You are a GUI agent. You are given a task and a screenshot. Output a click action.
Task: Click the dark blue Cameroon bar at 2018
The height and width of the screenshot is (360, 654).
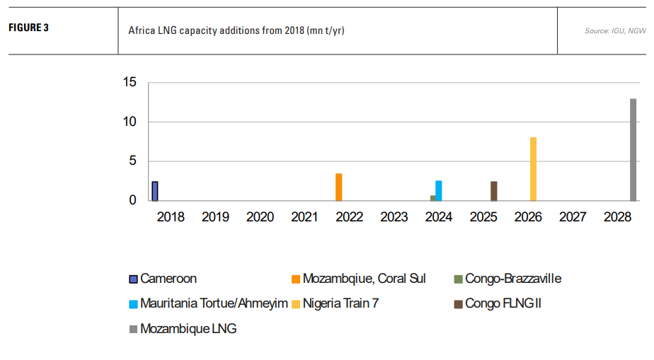(155, 191)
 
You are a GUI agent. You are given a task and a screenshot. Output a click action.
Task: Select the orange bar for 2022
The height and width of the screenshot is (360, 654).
(339, 187)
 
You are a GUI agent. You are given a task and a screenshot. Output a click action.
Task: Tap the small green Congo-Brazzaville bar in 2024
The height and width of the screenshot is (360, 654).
(432, 198)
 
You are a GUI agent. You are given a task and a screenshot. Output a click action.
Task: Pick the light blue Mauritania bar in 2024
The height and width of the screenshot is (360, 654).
(439, 191)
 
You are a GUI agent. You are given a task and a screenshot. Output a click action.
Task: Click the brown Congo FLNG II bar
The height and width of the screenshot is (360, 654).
(493, 191)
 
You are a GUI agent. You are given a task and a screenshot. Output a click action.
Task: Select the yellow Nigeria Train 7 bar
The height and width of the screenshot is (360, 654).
(533, 169)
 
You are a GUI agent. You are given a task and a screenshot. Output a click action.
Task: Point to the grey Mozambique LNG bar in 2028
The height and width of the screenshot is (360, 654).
(633, 149)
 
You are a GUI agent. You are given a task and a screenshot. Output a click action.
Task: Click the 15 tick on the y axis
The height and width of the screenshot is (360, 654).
(129, 82)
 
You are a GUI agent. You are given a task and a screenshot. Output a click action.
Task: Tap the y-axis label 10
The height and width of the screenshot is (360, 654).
(129, 122)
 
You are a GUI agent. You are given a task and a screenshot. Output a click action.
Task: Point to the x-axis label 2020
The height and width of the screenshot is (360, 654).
(260, 217)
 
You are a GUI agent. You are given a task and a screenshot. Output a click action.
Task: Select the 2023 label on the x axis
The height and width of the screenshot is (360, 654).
(394, 217)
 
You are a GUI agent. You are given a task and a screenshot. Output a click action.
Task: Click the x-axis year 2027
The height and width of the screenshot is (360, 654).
(573, 217)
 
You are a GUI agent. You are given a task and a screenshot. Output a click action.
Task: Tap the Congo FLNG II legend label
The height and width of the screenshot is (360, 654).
(503, 303)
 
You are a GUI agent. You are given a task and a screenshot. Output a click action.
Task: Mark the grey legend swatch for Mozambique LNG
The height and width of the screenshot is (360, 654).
(133, 329)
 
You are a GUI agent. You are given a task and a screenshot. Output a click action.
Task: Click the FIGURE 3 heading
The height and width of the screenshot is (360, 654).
(28, 29)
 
